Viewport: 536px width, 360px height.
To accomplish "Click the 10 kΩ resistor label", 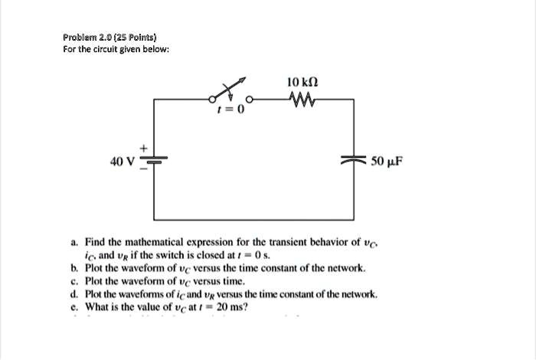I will (302, 82).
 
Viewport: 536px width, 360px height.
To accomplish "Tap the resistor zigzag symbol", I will (302, 98).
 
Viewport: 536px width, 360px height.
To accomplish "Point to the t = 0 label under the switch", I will (231, 110).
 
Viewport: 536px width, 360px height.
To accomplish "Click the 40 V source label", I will (122, 162).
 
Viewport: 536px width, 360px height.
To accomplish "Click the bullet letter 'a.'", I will (74, 242).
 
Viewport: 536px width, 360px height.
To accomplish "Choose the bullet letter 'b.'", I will (74, 269).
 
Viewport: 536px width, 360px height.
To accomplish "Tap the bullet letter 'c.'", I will (74, 282).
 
